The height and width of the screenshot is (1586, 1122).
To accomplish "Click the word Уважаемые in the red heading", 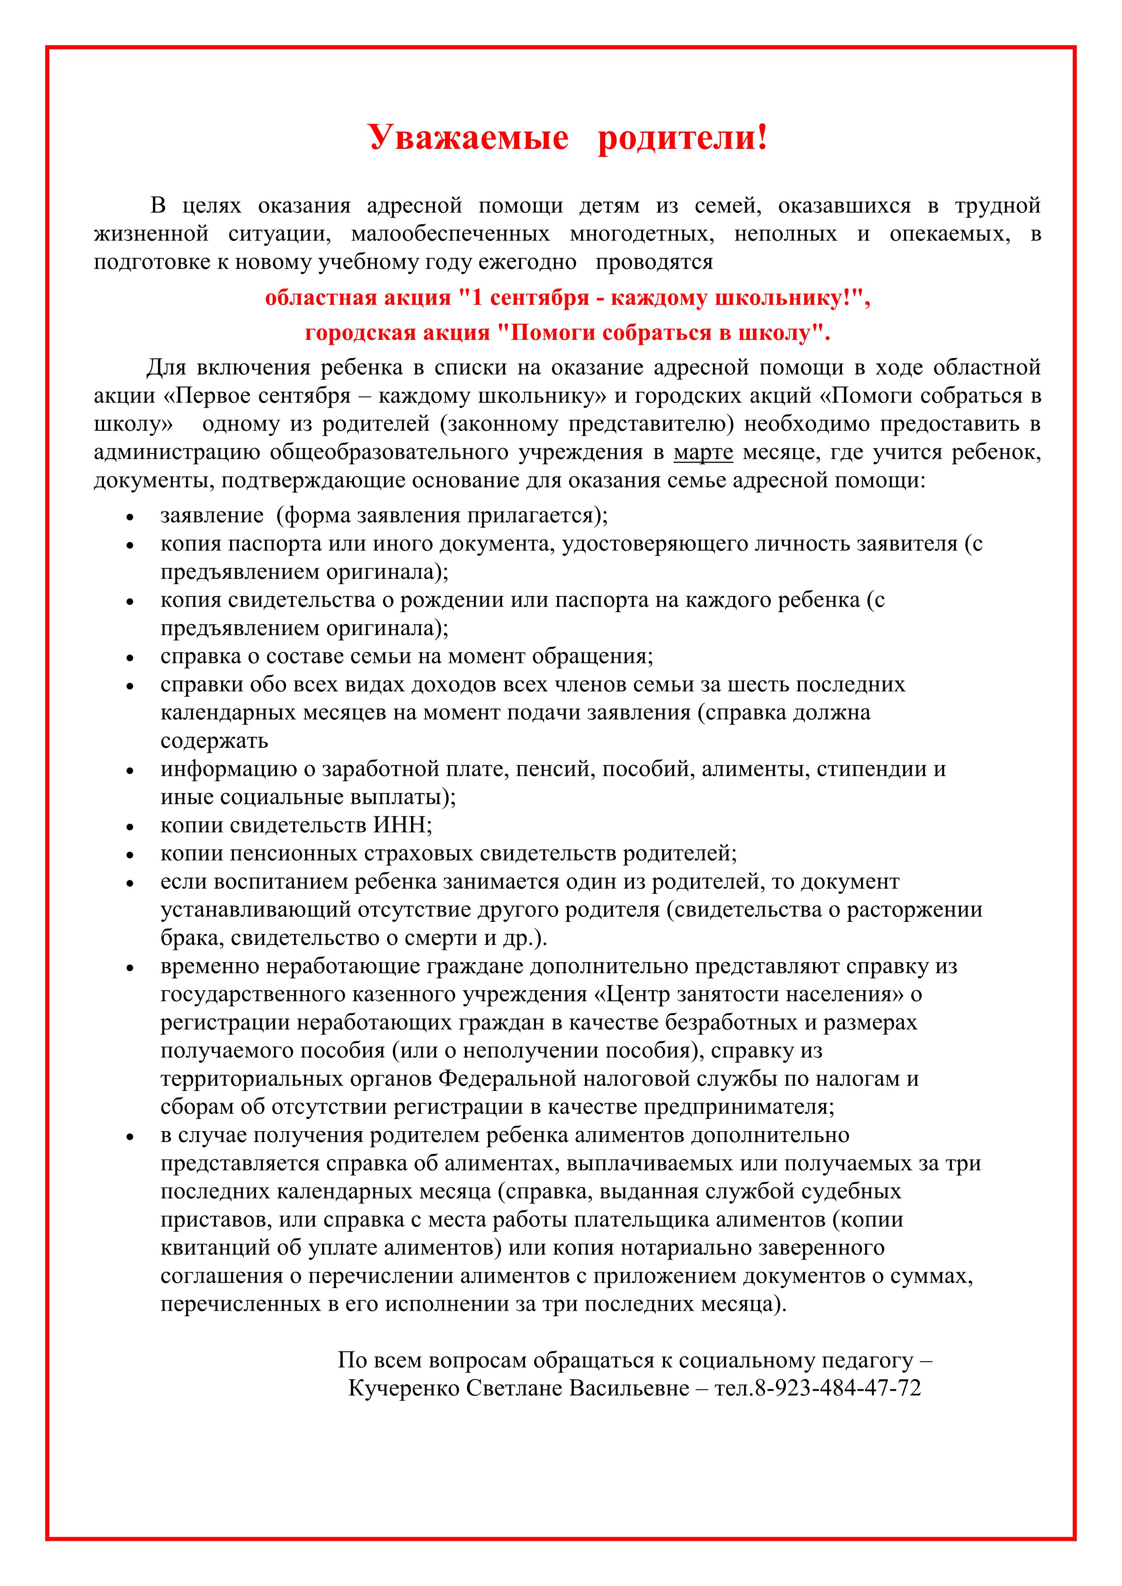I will tap(469, 137).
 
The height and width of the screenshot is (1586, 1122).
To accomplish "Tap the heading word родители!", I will tap(682, 137).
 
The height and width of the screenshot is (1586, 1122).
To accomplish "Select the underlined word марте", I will tap(703, 453).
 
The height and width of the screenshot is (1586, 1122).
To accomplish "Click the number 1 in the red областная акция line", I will tap(475, 298).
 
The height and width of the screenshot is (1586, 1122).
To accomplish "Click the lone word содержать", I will tap(214, 741).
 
